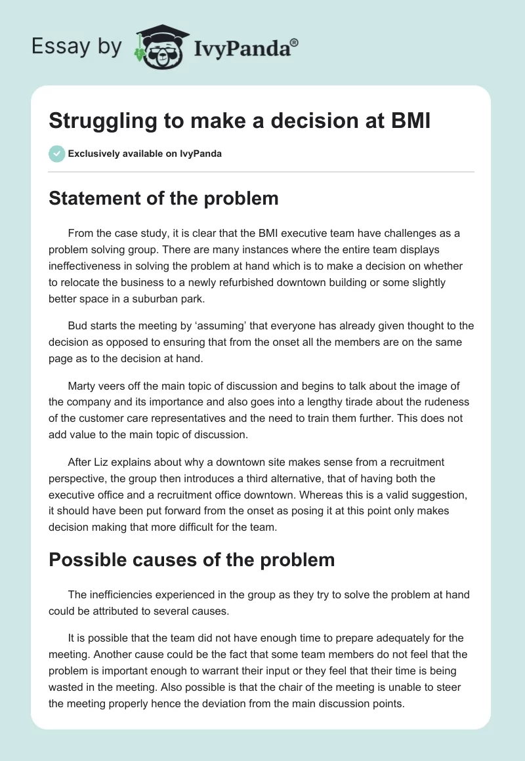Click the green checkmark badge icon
pyautogui.click(x=56, y=154)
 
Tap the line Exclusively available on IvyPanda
pyautogui.click(x=144, y=154)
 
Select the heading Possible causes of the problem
pyautogui.click(x=192, y=560)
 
